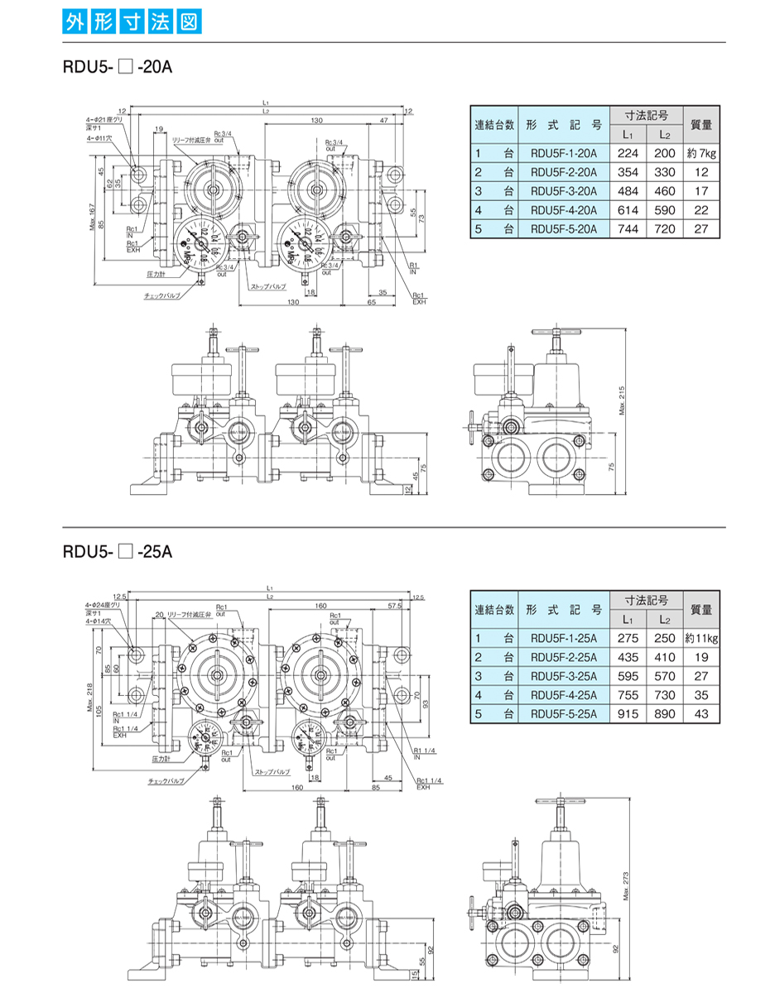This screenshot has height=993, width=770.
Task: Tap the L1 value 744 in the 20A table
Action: tap(628, 229)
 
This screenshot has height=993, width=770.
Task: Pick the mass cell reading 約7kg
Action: tap(701, 153)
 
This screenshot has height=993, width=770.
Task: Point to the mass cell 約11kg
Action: tap(701, 638)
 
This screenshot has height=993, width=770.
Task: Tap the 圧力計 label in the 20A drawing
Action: tap(156, 272)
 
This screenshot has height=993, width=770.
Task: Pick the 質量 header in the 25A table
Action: tap(701, 609)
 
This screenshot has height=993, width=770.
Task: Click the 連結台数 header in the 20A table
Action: tap(494, 124)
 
